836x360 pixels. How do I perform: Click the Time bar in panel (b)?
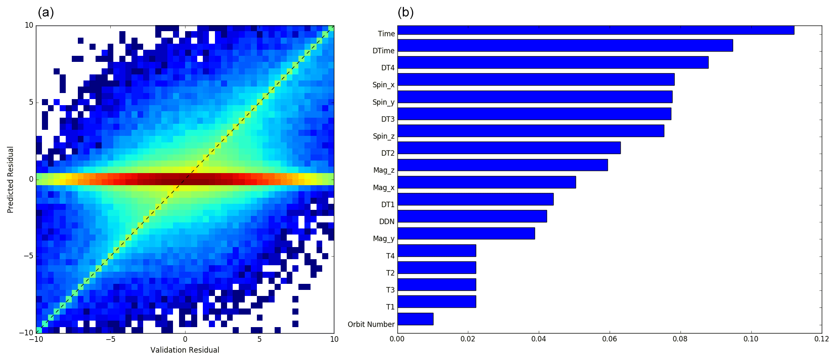coord(596,30)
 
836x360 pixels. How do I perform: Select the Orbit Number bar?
coord(415,319)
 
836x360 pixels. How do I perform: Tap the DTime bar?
coord(565,45)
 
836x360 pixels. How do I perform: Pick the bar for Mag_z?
coord(503,165)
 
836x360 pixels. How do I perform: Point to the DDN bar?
coord(472,216)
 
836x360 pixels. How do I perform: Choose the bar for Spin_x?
coord(536,80)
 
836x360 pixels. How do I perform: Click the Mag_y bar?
coord(466,233)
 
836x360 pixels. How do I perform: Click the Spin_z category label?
coord(384,136)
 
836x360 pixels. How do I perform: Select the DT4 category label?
coord(388,68)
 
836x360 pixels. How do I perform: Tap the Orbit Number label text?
coord(371,325)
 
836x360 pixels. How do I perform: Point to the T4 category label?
coord(391,256)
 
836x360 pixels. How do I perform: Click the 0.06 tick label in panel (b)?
coord(609,339)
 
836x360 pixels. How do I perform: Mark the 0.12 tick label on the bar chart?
coord(821,339)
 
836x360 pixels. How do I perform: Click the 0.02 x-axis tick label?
coord(468,339)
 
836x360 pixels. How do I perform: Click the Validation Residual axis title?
coord(185,350)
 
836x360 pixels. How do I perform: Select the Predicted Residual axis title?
coord(11,180)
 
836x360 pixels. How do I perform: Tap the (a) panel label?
coord(46,12)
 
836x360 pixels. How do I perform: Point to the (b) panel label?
coord(406,12)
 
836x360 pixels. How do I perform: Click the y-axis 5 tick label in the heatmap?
coord(31,103)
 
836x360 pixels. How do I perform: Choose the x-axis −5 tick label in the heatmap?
coord(110,339)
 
